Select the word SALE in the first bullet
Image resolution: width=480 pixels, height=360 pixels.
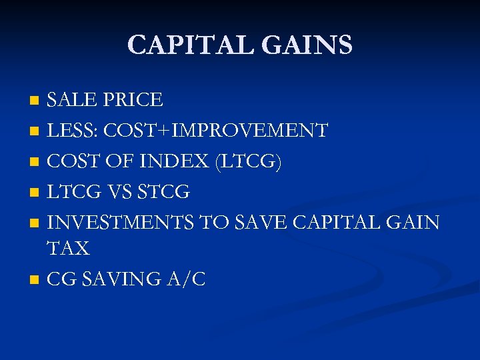click(x=71, y=100)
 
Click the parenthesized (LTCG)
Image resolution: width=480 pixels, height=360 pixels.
click(x=247, y=161)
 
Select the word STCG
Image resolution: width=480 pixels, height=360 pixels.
click(x=162, y=192)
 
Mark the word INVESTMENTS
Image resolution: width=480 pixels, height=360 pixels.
click(x=121, y=223)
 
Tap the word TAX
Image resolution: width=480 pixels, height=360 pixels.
click(x=68, y=249)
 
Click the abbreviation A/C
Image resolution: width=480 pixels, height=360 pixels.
click(x=189, y=279)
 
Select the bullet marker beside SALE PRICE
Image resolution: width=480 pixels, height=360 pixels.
click(x=35, y=101)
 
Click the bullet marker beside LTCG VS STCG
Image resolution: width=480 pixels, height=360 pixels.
click(x=35, y=193)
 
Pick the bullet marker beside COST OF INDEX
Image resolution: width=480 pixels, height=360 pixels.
click(x=35, y=163)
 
